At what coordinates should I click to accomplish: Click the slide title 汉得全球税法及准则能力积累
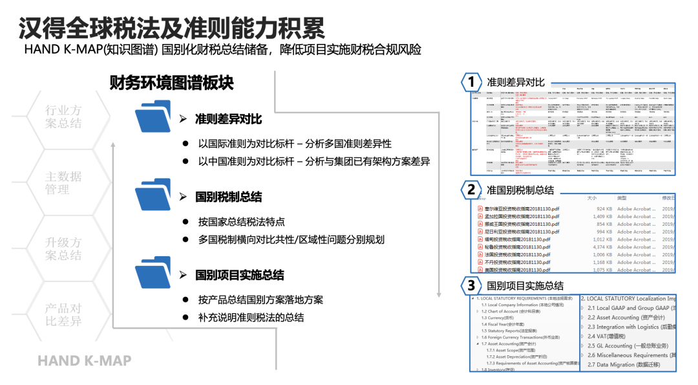pos(172,27)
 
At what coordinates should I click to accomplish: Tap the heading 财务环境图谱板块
pos(171,83)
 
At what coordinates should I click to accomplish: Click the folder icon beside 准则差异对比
pos(153,117)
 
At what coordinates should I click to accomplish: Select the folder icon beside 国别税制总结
pos(153,195)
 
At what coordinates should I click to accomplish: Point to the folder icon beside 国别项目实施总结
pos(153,272)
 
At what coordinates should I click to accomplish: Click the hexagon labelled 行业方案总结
pos(63,117)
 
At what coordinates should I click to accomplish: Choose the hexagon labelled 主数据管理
pos(63,183)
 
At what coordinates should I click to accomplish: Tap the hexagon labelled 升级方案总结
pos(63,249)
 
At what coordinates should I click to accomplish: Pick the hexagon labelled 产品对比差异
pos(63,315)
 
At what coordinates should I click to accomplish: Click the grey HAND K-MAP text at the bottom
pos(84,360)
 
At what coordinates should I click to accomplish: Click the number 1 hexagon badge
pos(472,82)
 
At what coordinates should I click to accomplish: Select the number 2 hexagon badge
pos(472,190)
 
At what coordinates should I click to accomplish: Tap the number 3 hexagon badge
pos(472,285)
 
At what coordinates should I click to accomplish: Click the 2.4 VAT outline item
pos(606,336)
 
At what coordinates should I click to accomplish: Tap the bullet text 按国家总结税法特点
pos(242,221)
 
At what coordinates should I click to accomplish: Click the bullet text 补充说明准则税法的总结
pos(251,318)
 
